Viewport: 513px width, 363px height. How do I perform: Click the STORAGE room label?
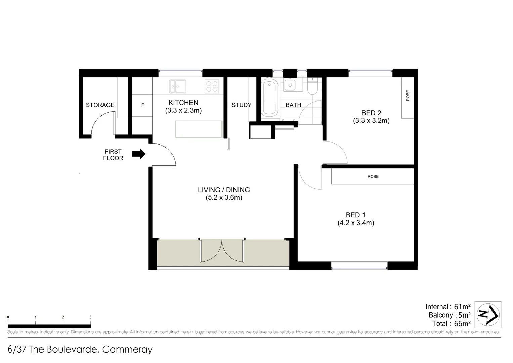(100, 105)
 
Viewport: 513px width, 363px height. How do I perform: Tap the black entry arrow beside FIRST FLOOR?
(138, 154)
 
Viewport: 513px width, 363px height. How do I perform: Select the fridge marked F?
(142, 105)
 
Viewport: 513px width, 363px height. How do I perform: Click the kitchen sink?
(177, 86)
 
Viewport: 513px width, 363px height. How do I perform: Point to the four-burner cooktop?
(212, 86)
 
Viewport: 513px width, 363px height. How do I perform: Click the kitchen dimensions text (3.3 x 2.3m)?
(183, 111)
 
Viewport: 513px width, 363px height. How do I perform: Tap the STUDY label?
(241, 105)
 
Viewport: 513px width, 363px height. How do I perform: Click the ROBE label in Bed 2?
(408, 96)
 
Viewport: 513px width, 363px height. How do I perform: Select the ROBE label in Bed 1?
(373, 176)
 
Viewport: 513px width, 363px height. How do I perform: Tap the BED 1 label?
(355, 215)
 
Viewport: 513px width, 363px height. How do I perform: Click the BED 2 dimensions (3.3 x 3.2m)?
(371, 121)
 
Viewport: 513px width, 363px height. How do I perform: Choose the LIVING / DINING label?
(224, 190)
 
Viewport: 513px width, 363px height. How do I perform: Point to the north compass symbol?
(488, 315)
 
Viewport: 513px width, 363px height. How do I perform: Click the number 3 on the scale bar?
(90, 317)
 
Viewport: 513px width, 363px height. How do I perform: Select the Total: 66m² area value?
(462, 324)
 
